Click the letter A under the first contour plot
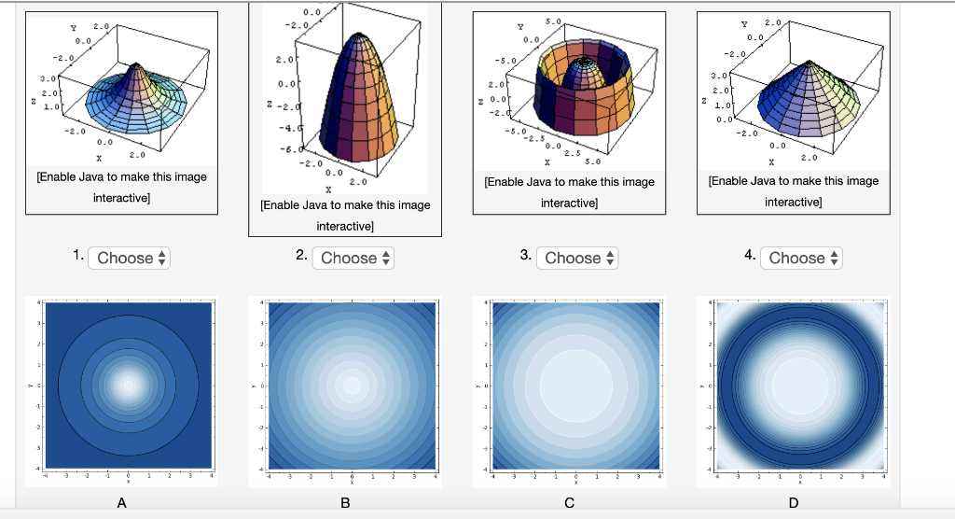[x=120, y=504]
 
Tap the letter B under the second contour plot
[x=345, y=504]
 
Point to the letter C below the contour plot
[x=569, y=504]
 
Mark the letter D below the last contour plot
[x=793, y=504]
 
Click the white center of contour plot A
[x=128, y=384]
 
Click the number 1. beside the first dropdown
[x=77, y=256]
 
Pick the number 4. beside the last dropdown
[x=750, y=256]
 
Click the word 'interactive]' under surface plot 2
[x=345, y=227]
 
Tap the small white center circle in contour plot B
[x=352, y=385]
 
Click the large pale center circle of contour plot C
[x=575, y=385]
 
